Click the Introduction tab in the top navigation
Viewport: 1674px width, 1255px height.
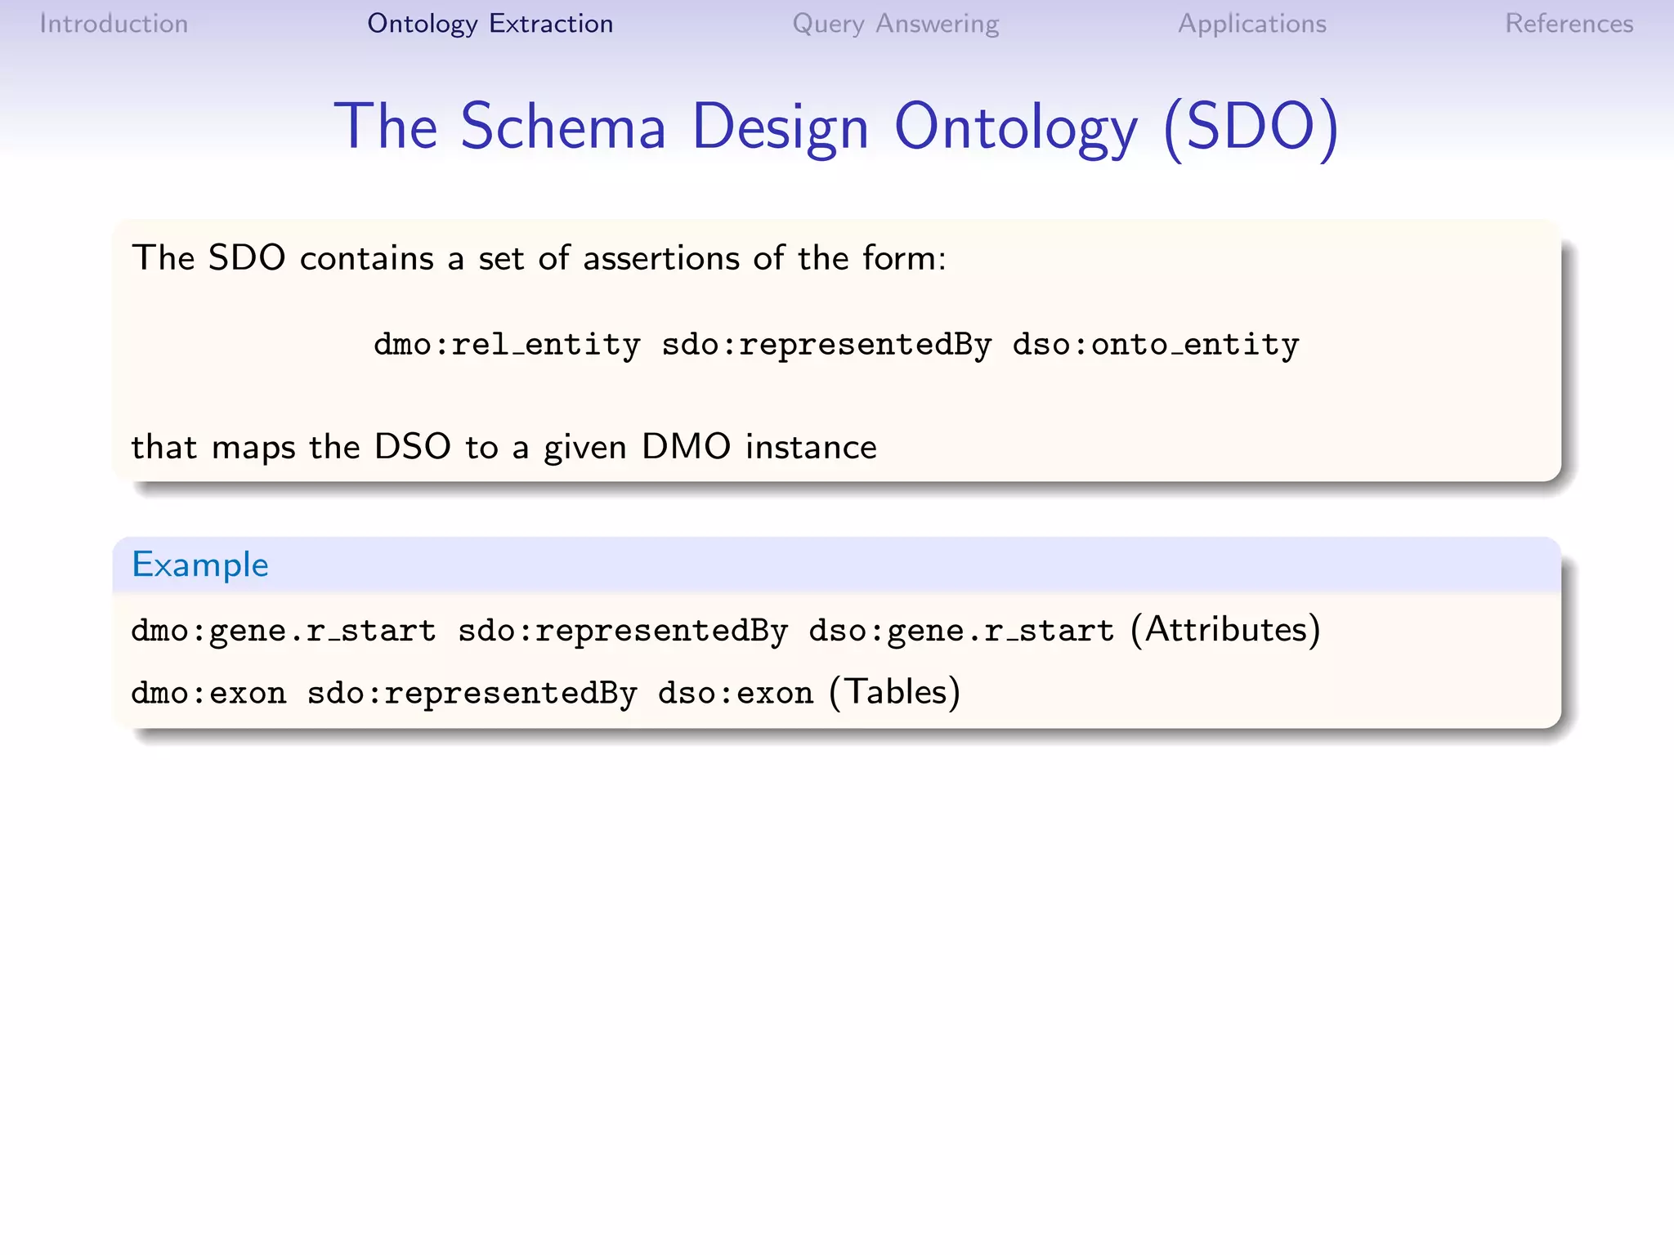pyautogui.click(x=114, y=24)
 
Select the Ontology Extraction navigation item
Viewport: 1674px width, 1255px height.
pyautogui.click(x=490, y=24)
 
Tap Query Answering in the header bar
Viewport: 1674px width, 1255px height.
pyautogui.click(x=895, y=24)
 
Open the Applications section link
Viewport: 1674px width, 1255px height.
pyautogui.click(x=1251, y=24)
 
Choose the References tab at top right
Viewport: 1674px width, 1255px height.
pyautogui.click(x=1569, y=24)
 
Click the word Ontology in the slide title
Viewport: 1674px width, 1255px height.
pyautogui.click(x=1015, y=128)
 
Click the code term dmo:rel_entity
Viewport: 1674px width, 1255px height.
pyautogui.click(x=507, y=345)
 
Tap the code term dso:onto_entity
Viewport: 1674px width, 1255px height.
pyautogui.click(x=1155, y=345)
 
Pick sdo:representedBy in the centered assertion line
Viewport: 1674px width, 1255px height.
pyautogui.click(x=826, y=345)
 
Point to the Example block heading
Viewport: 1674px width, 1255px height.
pyautogui.click(x=200, y=565)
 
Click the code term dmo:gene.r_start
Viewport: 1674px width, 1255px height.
pyautogui.click(x=283, y=631)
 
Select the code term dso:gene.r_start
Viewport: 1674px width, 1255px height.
pyautogui.click(x=960, y=631)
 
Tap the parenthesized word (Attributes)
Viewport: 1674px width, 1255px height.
pyautogui.click(x=1225, y=629)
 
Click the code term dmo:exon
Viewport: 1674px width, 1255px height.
pyautogui.click(x=208, y=693)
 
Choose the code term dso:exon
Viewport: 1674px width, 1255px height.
pyautogui.click(x=735, y=693)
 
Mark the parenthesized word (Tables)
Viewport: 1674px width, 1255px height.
pyautogui.click(x=894, y=692)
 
